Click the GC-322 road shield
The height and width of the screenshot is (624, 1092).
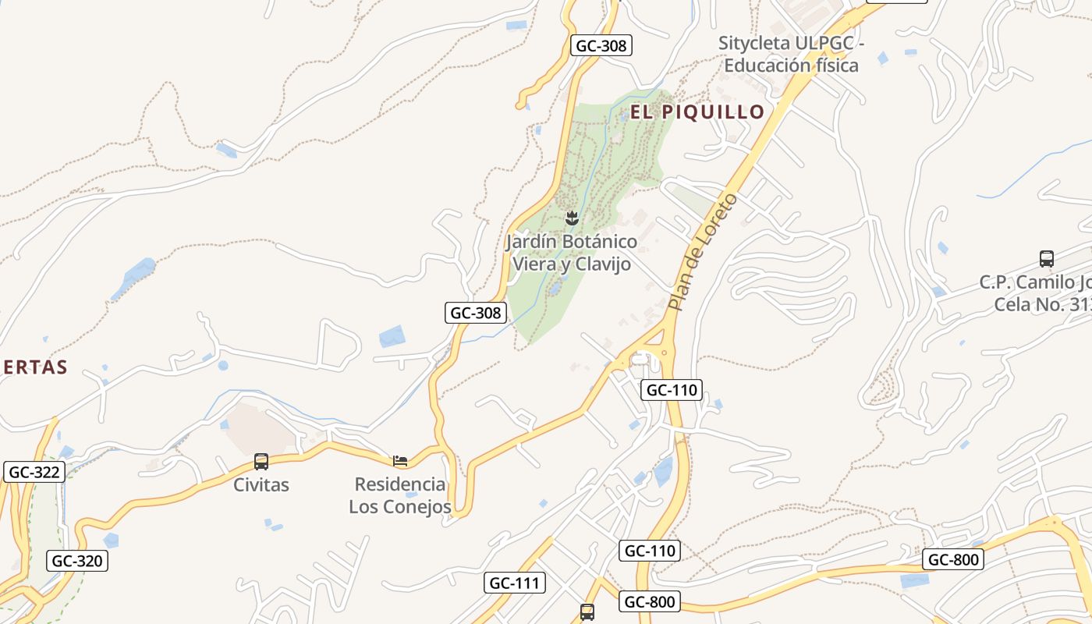[x=34, y=472]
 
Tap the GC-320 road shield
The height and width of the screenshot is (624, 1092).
[x=77, y=560]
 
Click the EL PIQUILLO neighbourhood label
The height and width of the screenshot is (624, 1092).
[x=697, y=112]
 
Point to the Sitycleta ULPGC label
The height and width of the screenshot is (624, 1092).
[x=791, y=54]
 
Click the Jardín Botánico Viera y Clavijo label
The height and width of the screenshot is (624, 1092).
[x=571, y=253]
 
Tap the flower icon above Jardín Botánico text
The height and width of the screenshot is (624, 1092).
[x=572, y=218]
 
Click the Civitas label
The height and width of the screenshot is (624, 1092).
[x=261, y=484]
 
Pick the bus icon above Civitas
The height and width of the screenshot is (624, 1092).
[x=261, y=462]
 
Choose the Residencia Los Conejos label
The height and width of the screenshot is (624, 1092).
[x=400, y=495]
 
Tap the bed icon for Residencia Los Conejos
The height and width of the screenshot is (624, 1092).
[x=400, y=461]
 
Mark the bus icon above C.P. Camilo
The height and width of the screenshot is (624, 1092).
[x=1047, y=259]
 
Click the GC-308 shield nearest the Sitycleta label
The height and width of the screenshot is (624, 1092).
[x=601, y=46]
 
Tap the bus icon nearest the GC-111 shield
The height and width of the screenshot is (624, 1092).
[x=587, y=612]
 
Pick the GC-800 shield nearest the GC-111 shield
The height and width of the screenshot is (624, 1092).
[x=651, y=601]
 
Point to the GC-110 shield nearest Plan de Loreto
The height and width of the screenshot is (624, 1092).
[x=672, y=389]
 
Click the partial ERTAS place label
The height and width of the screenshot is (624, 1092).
[x=34, y=367]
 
